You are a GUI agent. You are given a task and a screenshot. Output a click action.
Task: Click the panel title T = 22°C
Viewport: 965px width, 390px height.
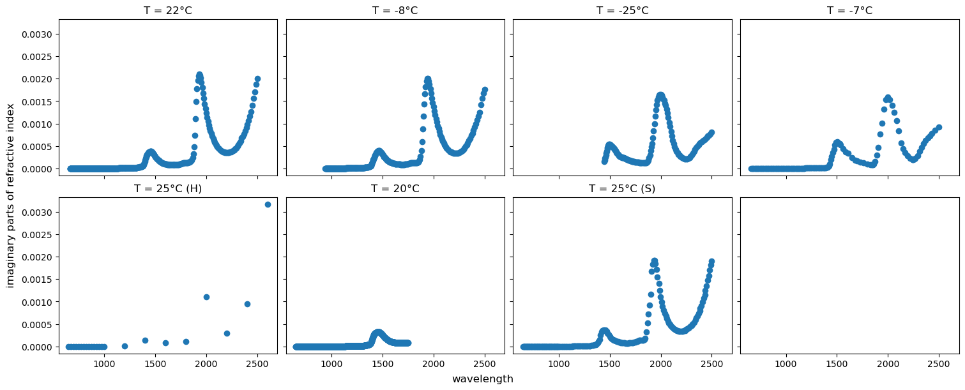tap(168, 10)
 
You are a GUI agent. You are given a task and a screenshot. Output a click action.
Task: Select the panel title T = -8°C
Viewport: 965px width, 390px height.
tap(395, 10)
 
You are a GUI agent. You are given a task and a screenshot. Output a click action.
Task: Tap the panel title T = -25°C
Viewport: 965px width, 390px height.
tap(622, 10)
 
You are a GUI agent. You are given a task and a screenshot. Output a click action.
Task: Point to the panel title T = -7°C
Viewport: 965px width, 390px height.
tap(849, 10)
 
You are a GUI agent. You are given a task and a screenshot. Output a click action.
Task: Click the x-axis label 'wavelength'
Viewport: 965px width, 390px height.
tap(482, 379)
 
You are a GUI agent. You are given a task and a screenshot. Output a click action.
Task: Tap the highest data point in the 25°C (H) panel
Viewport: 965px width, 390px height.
tap(268, 204)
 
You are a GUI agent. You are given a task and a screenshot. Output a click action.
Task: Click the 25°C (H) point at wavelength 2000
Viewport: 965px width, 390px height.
tap(206, 297)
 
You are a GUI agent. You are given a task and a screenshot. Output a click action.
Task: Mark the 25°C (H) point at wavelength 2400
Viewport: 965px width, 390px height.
tap(247, 304)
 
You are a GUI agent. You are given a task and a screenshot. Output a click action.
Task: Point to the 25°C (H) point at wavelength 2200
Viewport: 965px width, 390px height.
tap(227, 333)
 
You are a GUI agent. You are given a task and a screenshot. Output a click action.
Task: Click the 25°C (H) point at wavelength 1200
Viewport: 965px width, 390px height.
tap(125, 346)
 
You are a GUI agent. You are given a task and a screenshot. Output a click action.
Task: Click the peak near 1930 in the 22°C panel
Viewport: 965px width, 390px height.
tap(199, 75)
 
